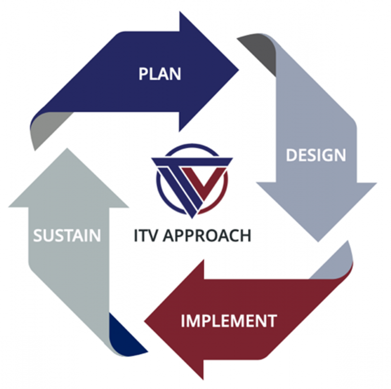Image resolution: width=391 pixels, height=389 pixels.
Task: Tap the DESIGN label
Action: pyautogui.click(x=316, y=155)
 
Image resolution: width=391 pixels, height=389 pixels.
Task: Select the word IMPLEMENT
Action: pyautogui.click(x=229, y=321)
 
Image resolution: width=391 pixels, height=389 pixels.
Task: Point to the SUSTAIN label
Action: pyautogui.click(x=67, y=236)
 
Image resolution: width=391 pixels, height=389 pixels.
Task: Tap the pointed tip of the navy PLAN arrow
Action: pyautogui.click(x=238, y=70)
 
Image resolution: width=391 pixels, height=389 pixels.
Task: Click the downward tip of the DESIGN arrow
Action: pyautogui.click(x=317, y=240)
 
